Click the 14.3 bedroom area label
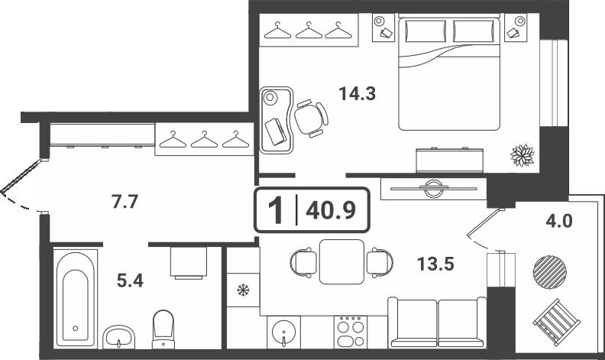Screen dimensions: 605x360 (x=357, y=93)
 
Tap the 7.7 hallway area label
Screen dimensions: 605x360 (x=125, y=202)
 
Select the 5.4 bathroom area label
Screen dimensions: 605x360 (x=130, y=281)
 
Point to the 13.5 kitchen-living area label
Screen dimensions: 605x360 (x=435, y=264)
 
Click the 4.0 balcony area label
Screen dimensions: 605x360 (x=559, y=222)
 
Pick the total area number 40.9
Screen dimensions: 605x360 (x=331, y=211)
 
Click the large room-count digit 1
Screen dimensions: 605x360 (x=277, y=211)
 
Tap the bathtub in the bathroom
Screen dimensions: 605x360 (x=75, y=298)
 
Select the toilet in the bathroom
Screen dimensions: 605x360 (x=163, y=329)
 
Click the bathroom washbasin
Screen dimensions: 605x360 (x=119, y=337)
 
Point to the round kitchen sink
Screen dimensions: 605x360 (x=283, y=332)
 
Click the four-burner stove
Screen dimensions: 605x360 (x=351, y=332)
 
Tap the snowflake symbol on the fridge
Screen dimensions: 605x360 (x=243, y=290)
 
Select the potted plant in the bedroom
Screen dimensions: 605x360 (x=522, y=155)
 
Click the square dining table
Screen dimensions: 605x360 (x=342, y=261)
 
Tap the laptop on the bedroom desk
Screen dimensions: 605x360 (x=275, y=131)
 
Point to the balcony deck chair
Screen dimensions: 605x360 (x=557, y=322)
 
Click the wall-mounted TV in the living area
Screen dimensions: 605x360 (x=434, y=189)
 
